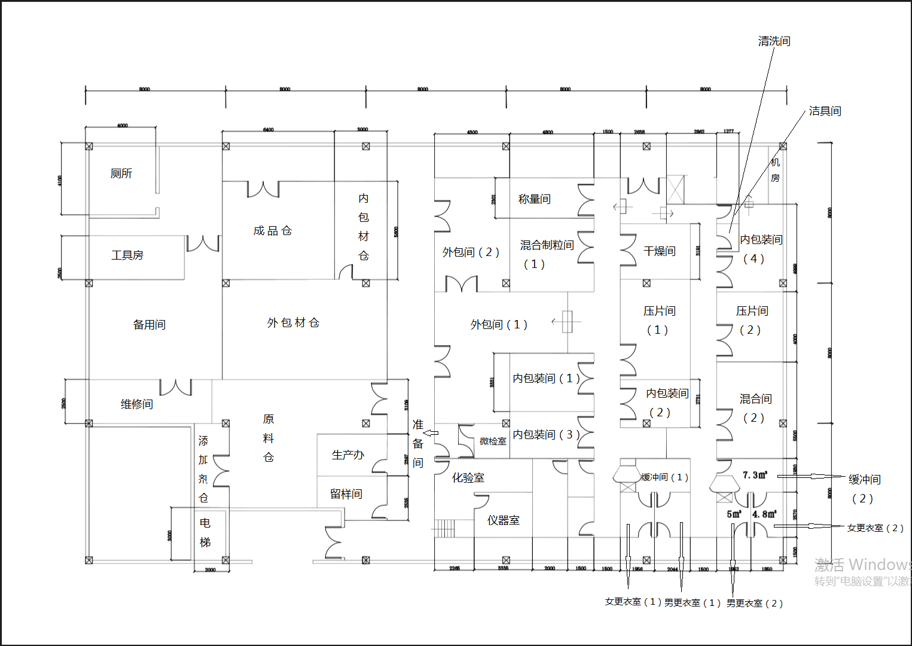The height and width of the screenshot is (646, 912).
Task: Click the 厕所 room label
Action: (x=121, y=173)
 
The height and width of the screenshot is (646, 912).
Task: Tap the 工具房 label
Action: (x=127, y=255)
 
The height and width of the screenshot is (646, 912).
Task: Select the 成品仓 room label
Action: (x=273, y=231)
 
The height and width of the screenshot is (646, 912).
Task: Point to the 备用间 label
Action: (x=150, y=325)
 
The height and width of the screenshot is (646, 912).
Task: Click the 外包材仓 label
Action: (x=294, y=323)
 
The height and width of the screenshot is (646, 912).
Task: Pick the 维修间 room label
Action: (x=137, y=404)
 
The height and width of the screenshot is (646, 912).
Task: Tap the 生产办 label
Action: (x=348, y=455)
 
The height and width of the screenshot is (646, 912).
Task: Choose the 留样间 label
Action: (x=346, y=494)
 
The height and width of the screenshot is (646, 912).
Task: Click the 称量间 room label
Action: (x=535, y=199)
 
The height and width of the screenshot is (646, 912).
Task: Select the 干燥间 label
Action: (x=660, y=251)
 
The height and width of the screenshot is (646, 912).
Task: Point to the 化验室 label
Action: (x=468, y=478)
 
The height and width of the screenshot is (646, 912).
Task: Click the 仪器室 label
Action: (x=504, y=520)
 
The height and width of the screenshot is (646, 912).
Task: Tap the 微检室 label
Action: (x=493, y=441)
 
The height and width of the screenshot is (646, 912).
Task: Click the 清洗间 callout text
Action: (x=774, y=41)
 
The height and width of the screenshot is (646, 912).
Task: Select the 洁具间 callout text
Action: (x=825, y=111)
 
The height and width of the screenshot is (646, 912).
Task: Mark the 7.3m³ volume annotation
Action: (x=755, y=475)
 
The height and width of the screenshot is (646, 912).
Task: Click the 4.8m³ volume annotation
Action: (x=764, y=514)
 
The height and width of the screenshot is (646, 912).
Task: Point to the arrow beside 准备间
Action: (x=431, y=433)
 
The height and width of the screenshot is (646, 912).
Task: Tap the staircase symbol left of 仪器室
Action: (x=444, y=528)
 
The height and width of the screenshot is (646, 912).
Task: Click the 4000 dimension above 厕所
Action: (x=122, y=126)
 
